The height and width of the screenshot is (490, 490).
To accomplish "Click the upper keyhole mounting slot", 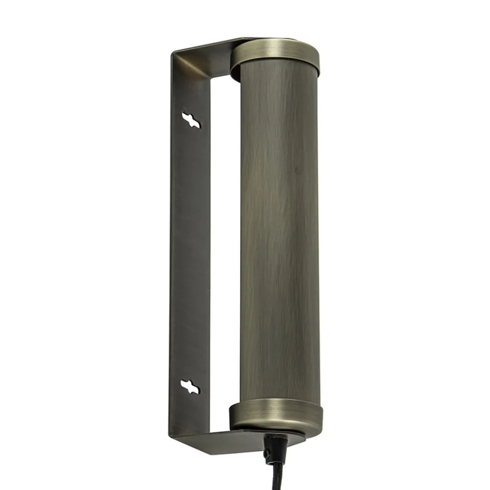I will (x=191, y=120).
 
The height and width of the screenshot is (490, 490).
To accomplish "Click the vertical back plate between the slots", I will (x=190, y=254).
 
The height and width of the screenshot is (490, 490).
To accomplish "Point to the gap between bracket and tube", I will (x=225, y=239).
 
